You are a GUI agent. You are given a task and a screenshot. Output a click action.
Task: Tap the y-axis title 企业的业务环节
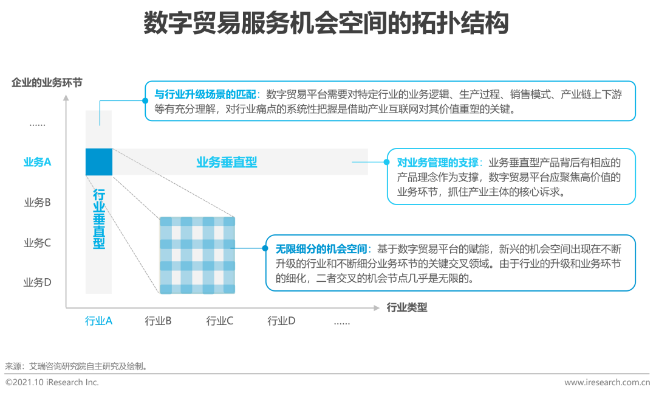[x=47, y=82]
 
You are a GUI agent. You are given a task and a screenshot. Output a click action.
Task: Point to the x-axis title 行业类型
[x=407, y=307]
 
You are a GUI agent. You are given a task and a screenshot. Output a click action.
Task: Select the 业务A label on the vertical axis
[x=37, y=163]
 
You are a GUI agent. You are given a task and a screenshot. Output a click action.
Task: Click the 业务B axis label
[x=37, y=202]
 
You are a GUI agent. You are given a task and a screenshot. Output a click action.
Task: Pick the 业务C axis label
[x=37, y=243]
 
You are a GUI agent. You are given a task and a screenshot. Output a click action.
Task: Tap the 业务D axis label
[x=37, y=282]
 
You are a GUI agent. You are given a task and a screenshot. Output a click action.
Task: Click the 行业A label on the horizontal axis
[x=98, y=321]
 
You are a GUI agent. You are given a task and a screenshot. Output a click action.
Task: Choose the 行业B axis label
[x=159, y=321]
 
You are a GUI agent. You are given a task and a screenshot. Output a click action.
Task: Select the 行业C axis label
[x=220, y=321]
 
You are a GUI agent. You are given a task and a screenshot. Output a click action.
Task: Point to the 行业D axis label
[x=281, y=321]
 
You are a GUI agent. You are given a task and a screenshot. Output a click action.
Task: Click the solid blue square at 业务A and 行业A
[x=99, y=162]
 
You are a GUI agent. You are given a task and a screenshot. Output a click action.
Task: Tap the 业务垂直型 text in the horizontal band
[x=227, y=163]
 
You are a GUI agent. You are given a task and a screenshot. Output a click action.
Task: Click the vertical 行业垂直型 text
[x=99, y=219]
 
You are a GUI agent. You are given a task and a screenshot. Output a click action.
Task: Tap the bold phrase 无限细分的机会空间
[x=321, y=249]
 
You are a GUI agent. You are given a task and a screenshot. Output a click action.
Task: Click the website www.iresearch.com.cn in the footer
[x=607, y=382]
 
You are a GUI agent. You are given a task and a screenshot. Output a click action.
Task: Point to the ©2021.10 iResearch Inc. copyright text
[x=52, y=382]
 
